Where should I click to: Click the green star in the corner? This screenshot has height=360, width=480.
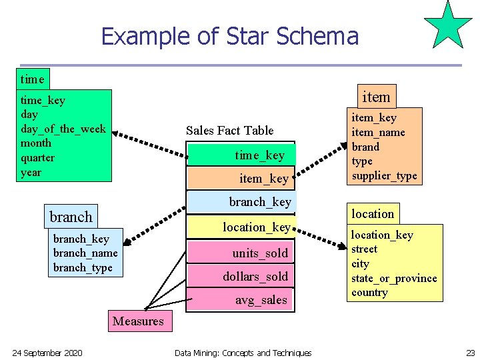pyautogui.click(x=449, y=27)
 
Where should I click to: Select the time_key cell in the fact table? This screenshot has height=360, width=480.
pyautogui.click(x=241, y=155)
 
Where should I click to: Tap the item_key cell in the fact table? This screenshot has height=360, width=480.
pyautogui.click(x=241, y=178)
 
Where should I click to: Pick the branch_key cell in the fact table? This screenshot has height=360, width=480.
pyautogui.click(x=241, y=201)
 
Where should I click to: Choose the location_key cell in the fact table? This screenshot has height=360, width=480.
pyautogui.click(x=241, y=227)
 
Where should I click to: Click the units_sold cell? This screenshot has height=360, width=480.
pyautogui.click(x=241, y=253)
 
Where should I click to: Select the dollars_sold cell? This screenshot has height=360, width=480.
pyautogui.click(x=241, y=276)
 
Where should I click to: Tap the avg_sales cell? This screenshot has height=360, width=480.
pyautogui.click(x=241, y=300)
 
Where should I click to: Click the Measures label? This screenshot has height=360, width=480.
pyautogui.click(x=138, y=321)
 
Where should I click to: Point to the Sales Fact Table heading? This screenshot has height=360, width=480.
pyautogui.click(x=229, y=130)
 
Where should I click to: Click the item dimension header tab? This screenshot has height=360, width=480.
pyautogui.click(x=376, y=97)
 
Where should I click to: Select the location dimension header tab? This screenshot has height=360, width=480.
pyautogui.click(x=373, y=213)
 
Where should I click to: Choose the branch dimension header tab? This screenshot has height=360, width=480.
pyautogui.click(x=71, y=217)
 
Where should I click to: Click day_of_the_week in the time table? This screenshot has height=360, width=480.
pyautogui.click(x=63, y=129)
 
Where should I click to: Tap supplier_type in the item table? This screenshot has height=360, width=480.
pyautogui.click(x=384, y=176)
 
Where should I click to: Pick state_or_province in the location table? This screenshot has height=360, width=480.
pyautogui.click(x=394, y=278)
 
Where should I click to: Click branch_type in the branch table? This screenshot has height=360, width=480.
pyautogui.click(x=83, y=267)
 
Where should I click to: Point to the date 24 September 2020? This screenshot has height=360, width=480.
pyautogui.click(x=47, y=353)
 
